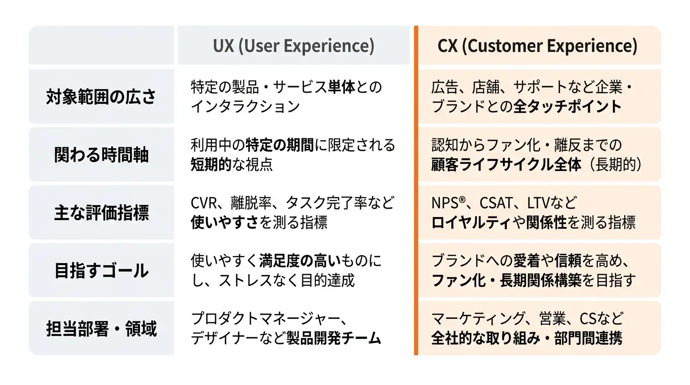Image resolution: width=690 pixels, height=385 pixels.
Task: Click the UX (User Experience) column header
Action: (293, 46)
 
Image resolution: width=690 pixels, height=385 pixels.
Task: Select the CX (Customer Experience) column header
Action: (537, 46)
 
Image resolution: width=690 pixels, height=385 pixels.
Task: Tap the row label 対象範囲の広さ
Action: (101, 97)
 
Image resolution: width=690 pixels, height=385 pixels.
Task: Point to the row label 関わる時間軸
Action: (101, 154)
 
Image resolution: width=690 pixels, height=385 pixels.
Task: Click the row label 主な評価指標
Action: (101, 213)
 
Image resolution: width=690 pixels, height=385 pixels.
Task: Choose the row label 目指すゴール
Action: (101, 270)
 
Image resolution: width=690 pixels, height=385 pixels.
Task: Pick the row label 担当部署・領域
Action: (101, 328)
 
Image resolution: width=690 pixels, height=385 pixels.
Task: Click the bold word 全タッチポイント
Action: (568, 107)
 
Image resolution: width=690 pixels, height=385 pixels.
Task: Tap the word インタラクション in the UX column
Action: (245, 107)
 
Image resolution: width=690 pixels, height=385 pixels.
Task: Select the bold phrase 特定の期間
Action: (280, 145)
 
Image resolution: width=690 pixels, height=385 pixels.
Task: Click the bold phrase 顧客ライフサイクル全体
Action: (506, 164)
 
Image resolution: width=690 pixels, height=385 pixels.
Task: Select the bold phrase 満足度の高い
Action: (300, 261)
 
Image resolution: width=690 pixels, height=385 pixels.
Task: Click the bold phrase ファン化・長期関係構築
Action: (506, 280)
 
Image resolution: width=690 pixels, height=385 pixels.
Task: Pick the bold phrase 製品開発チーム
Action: (333, 338)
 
